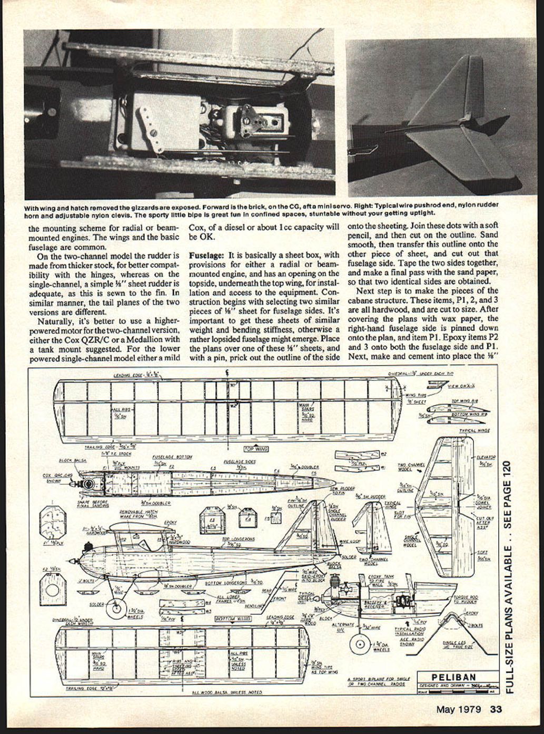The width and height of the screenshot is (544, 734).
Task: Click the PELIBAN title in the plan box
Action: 454,677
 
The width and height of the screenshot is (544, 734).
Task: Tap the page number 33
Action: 496,709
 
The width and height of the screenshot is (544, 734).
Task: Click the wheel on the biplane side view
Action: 116,608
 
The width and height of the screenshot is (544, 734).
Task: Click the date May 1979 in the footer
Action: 458,709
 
